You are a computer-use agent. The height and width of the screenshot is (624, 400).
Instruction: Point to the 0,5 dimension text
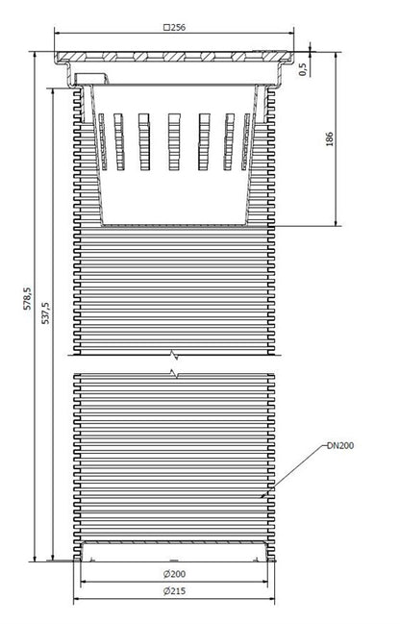304,69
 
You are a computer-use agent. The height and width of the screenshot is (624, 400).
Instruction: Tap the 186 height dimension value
330,138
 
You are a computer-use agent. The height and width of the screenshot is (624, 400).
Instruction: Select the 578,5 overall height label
28,298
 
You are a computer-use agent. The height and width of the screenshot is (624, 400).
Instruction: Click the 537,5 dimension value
46,312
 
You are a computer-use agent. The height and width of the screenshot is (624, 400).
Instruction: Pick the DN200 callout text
340,446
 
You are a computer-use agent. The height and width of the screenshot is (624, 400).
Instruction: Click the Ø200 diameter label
174,574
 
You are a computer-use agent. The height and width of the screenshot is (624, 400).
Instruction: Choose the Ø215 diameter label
174,591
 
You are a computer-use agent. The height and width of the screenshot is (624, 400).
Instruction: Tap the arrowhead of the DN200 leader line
262,497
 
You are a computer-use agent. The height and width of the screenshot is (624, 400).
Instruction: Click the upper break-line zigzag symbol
174,355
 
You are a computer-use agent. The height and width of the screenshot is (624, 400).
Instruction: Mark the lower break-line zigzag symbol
174,374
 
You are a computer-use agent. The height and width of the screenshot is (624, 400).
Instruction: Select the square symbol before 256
166,28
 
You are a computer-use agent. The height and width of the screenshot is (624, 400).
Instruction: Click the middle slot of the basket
174,142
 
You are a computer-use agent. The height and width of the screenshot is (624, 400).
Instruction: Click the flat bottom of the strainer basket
174,225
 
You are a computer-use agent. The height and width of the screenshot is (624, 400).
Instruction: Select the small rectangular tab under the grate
91,79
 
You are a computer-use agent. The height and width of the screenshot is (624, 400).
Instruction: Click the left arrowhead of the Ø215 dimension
76,598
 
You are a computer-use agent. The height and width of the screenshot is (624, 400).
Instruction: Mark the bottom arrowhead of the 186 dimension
337,223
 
